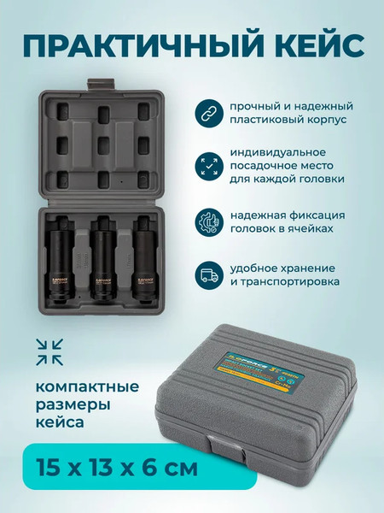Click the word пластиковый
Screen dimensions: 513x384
(x=273, y=121)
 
